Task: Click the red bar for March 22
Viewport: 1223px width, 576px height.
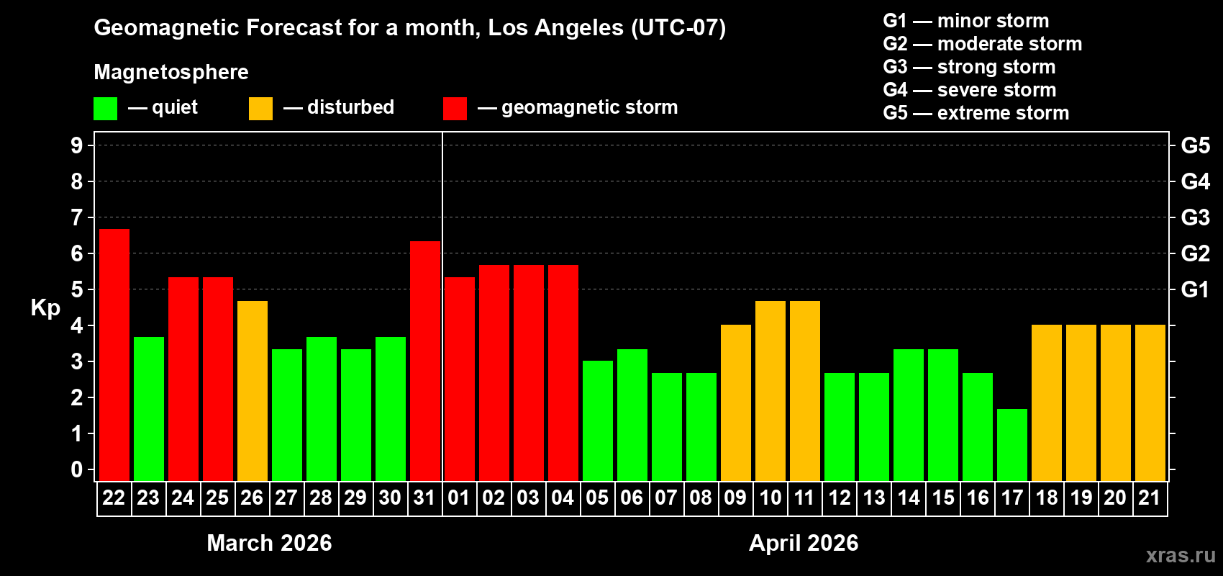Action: click(114, 354)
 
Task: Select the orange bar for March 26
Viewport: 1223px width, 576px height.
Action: click(253, 390)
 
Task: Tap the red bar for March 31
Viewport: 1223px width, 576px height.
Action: click(425, 360)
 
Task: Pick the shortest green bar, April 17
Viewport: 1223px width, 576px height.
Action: click(1012, 444)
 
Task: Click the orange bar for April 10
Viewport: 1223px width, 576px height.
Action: click(770, 390)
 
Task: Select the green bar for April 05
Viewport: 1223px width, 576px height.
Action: click(598, 420)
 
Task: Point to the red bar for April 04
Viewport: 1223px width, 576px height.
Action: click(563, 372)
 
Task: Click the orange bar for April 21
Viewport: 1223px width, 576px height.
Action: click(1150, 402)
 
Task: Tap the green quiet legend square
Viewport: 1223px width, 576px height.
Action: click(106, 109)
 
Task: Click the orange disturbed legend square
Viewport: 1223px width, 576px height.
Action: click(260, 109)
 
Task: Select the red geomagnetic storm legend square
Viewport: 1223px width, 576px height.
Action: click(455, 109)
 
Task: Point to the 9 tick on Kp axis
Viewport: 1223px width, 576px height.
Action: click(77, 145)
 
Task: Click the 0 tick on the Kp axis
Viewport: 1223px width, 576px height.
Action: click(77, 470)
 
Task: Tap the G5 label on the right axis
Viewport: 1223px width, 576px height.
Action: click(1195, 145)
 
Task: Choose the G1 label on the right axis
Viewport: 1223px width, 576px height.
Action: click(1195, 289)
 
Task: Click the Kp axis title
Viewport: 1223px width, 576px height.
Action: click(45, 307)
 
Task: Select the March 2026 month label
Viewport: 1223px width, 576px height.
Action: click(269, 543)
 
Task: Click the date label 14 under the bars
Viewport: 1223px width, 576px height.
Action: click(909, 498)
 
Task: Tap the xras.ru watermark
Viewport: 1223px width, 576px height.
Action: click(1181, 555)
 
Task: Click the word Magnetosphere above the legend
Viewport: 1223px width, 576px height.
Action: click(171, 72)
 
